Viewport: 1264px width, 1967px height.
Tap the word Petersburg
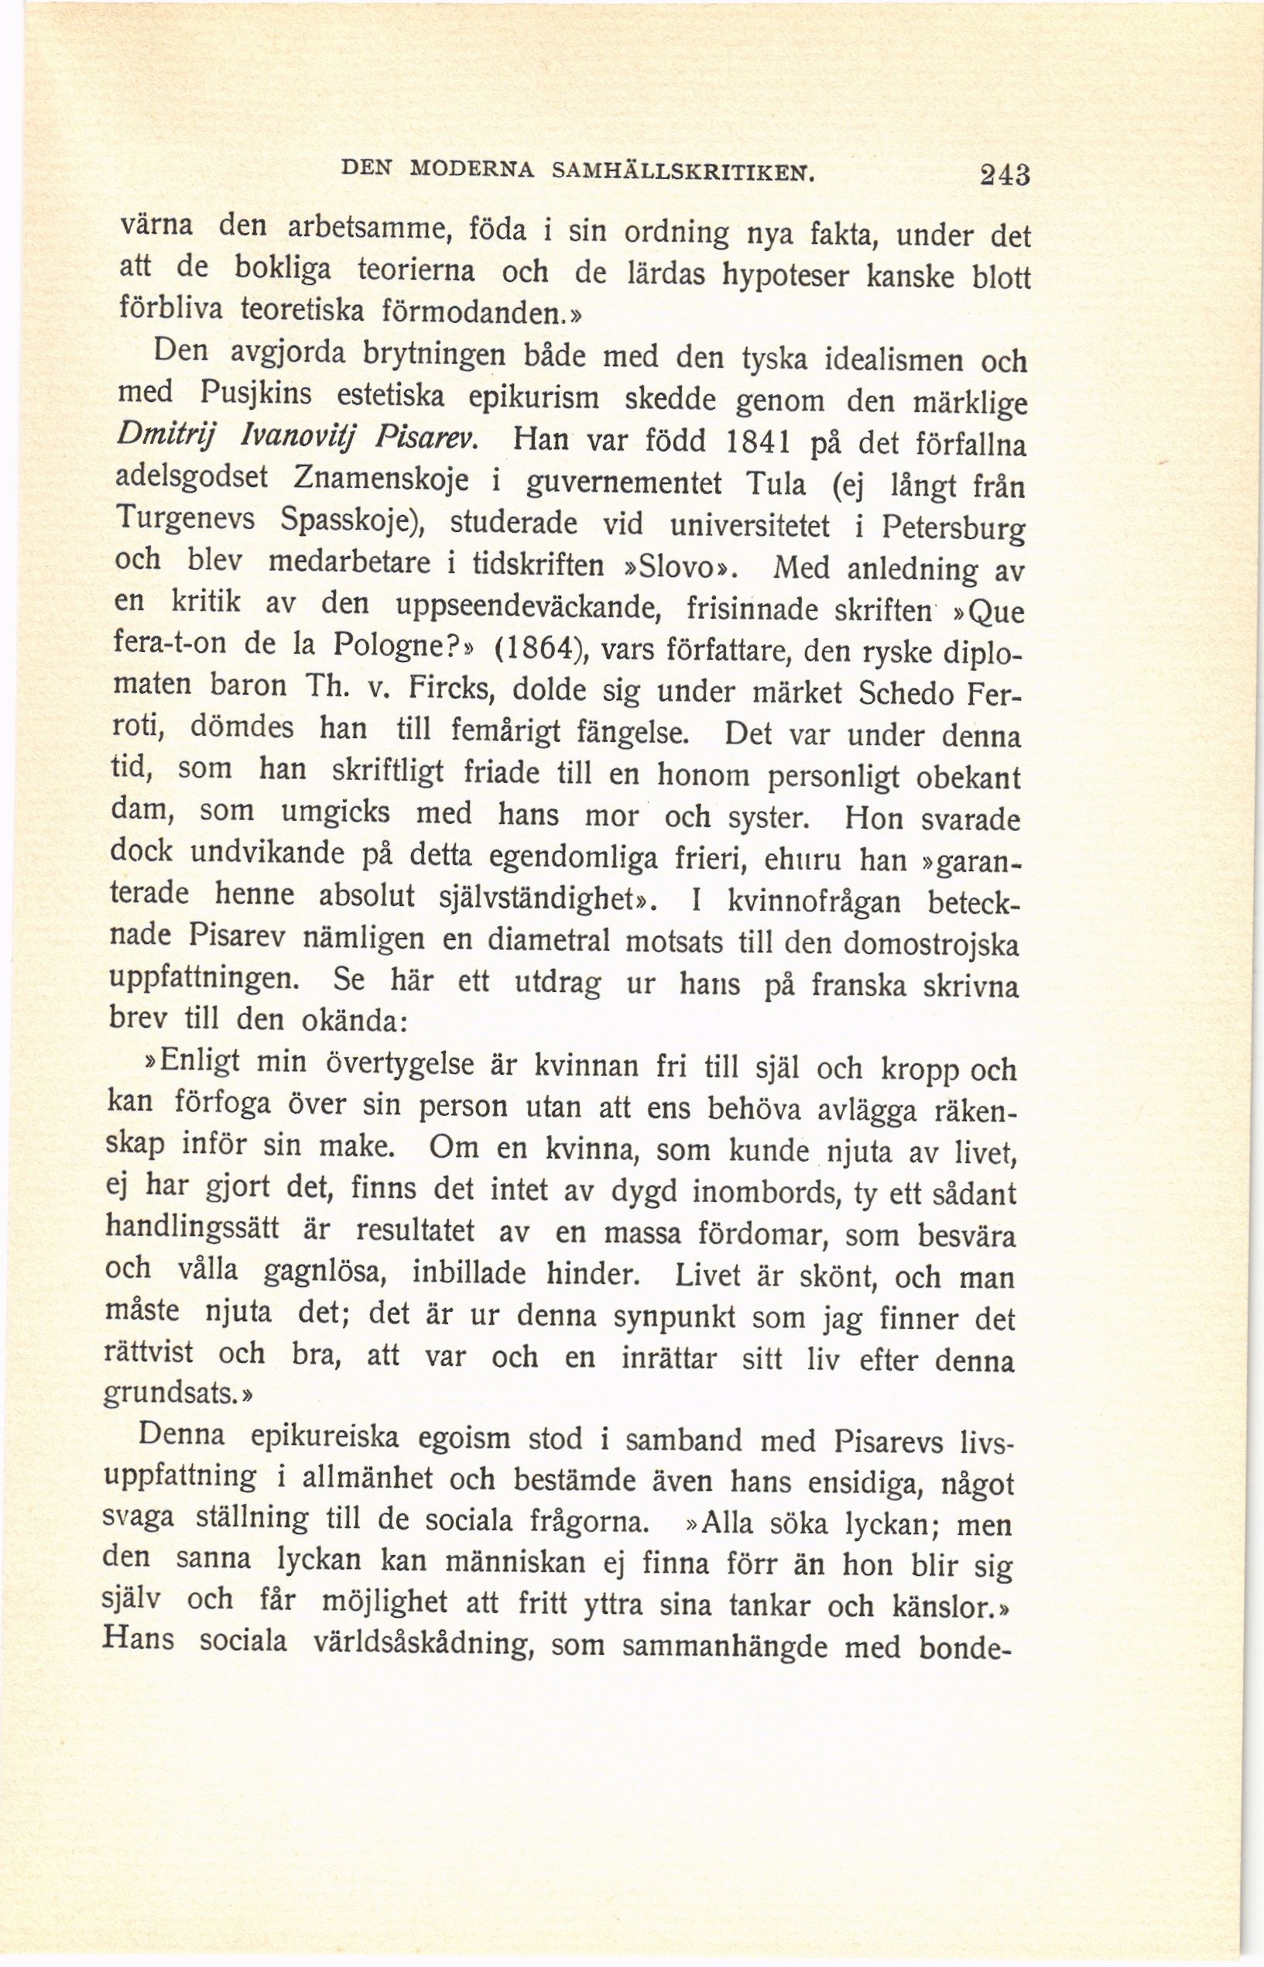[x=953, y=530]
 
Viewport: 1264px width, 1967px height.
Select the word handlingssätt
[x=192, y=1229]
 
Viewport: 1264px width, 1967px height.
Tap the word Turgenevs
[x=186, y=517]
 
